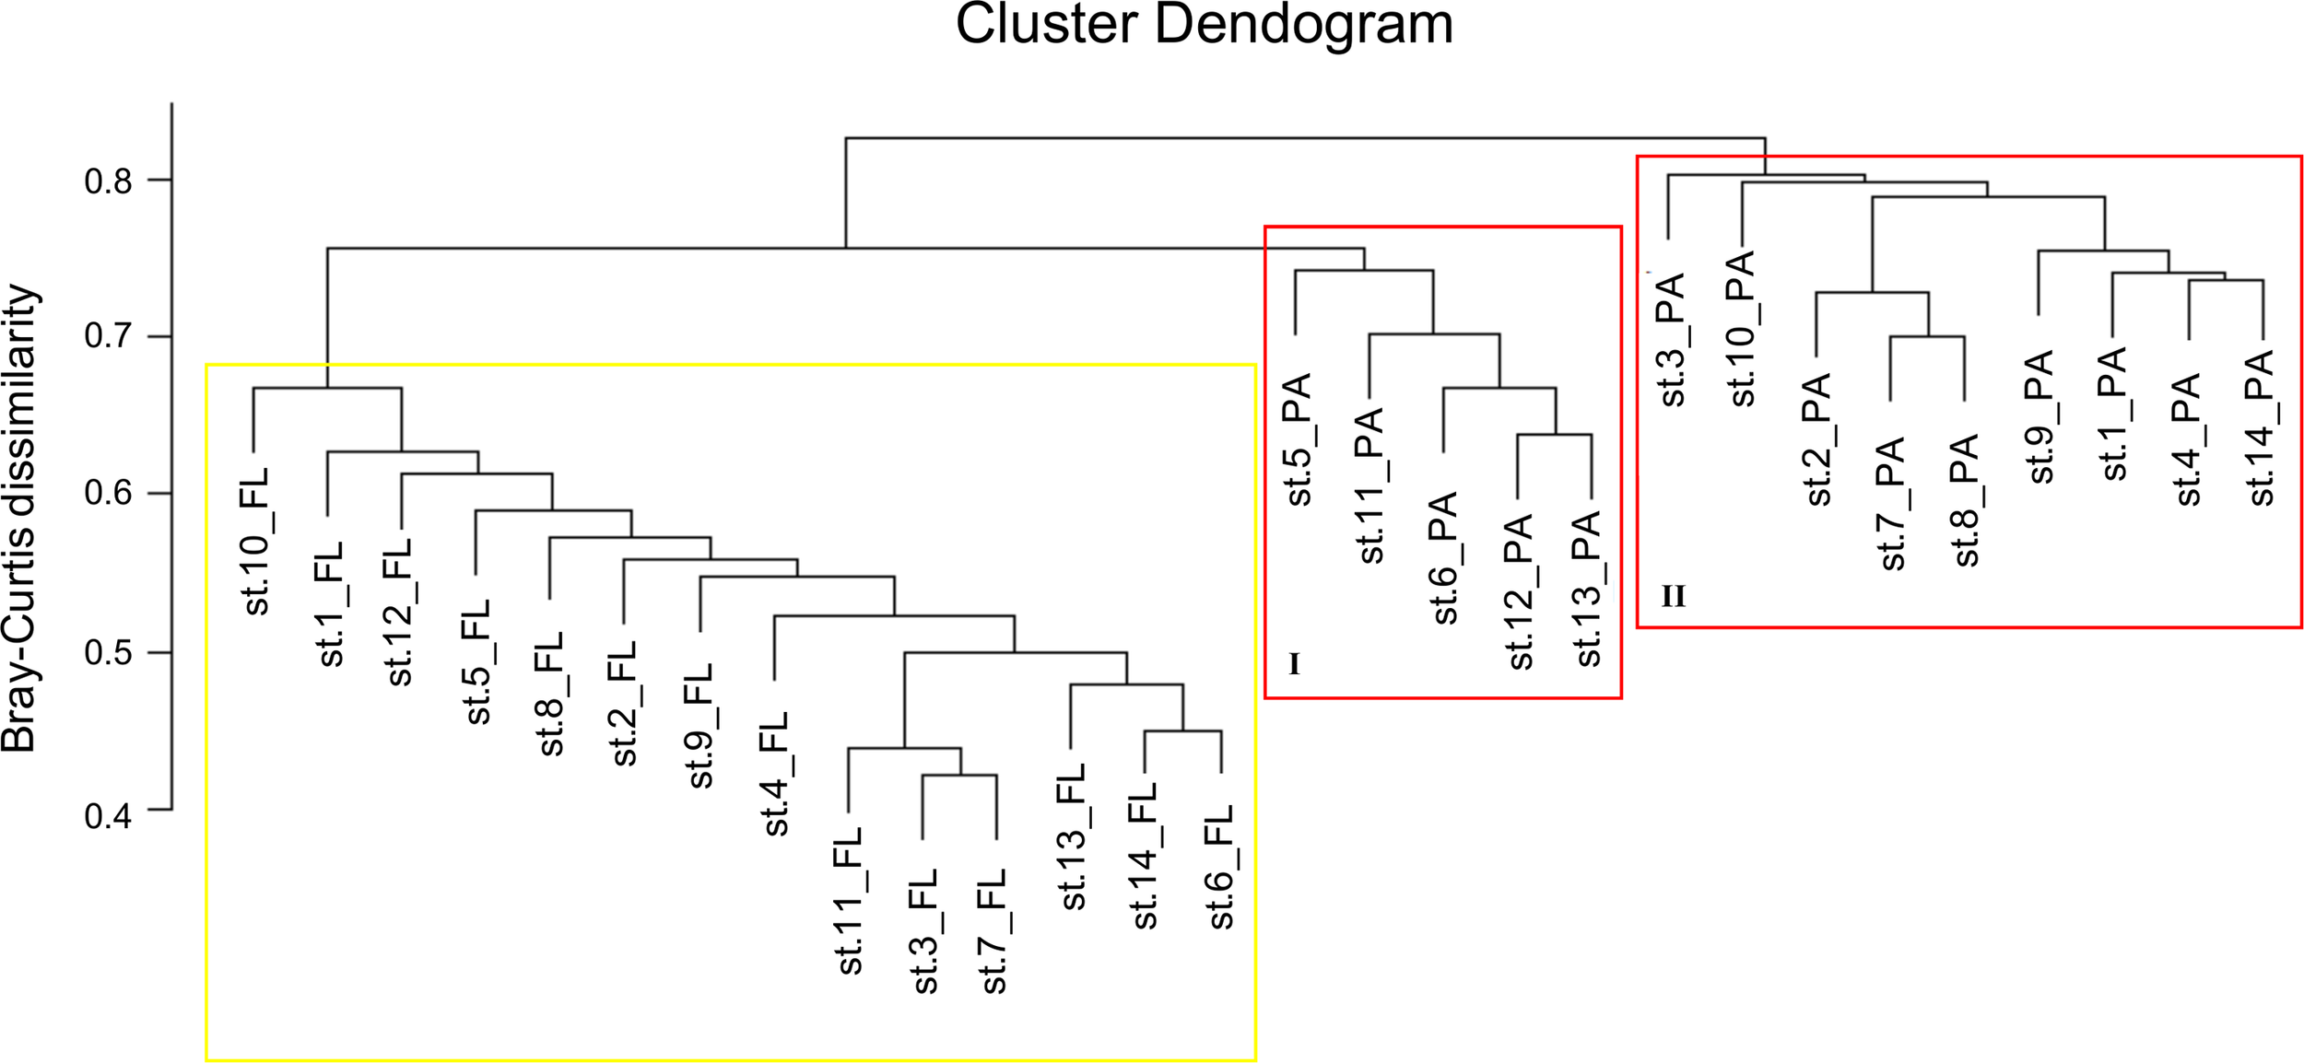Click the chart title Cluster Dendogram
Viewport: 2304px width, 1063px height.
[1204, 24]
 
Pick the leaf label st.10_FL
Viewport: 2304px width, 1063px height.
[254, 541]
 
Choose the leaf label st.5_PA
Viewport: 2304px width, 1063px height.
[1298, 439]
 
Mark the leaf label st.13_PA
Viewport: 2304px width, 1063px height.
[1588, 590]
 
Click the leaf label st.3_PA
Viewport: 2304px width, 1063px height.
[1671, 339]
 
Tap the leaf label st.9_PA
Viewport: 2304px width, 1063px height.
[2040, 416]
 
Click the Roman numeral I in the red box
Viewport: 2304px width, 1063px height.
[1294, 664]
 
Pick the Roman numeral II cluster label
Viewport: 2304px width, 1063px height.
[1674, 597]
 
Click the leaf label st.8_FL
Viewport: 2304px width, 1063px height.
[549, 694]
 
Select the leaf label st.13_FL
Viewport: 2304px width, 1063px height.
[1071, 837]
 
